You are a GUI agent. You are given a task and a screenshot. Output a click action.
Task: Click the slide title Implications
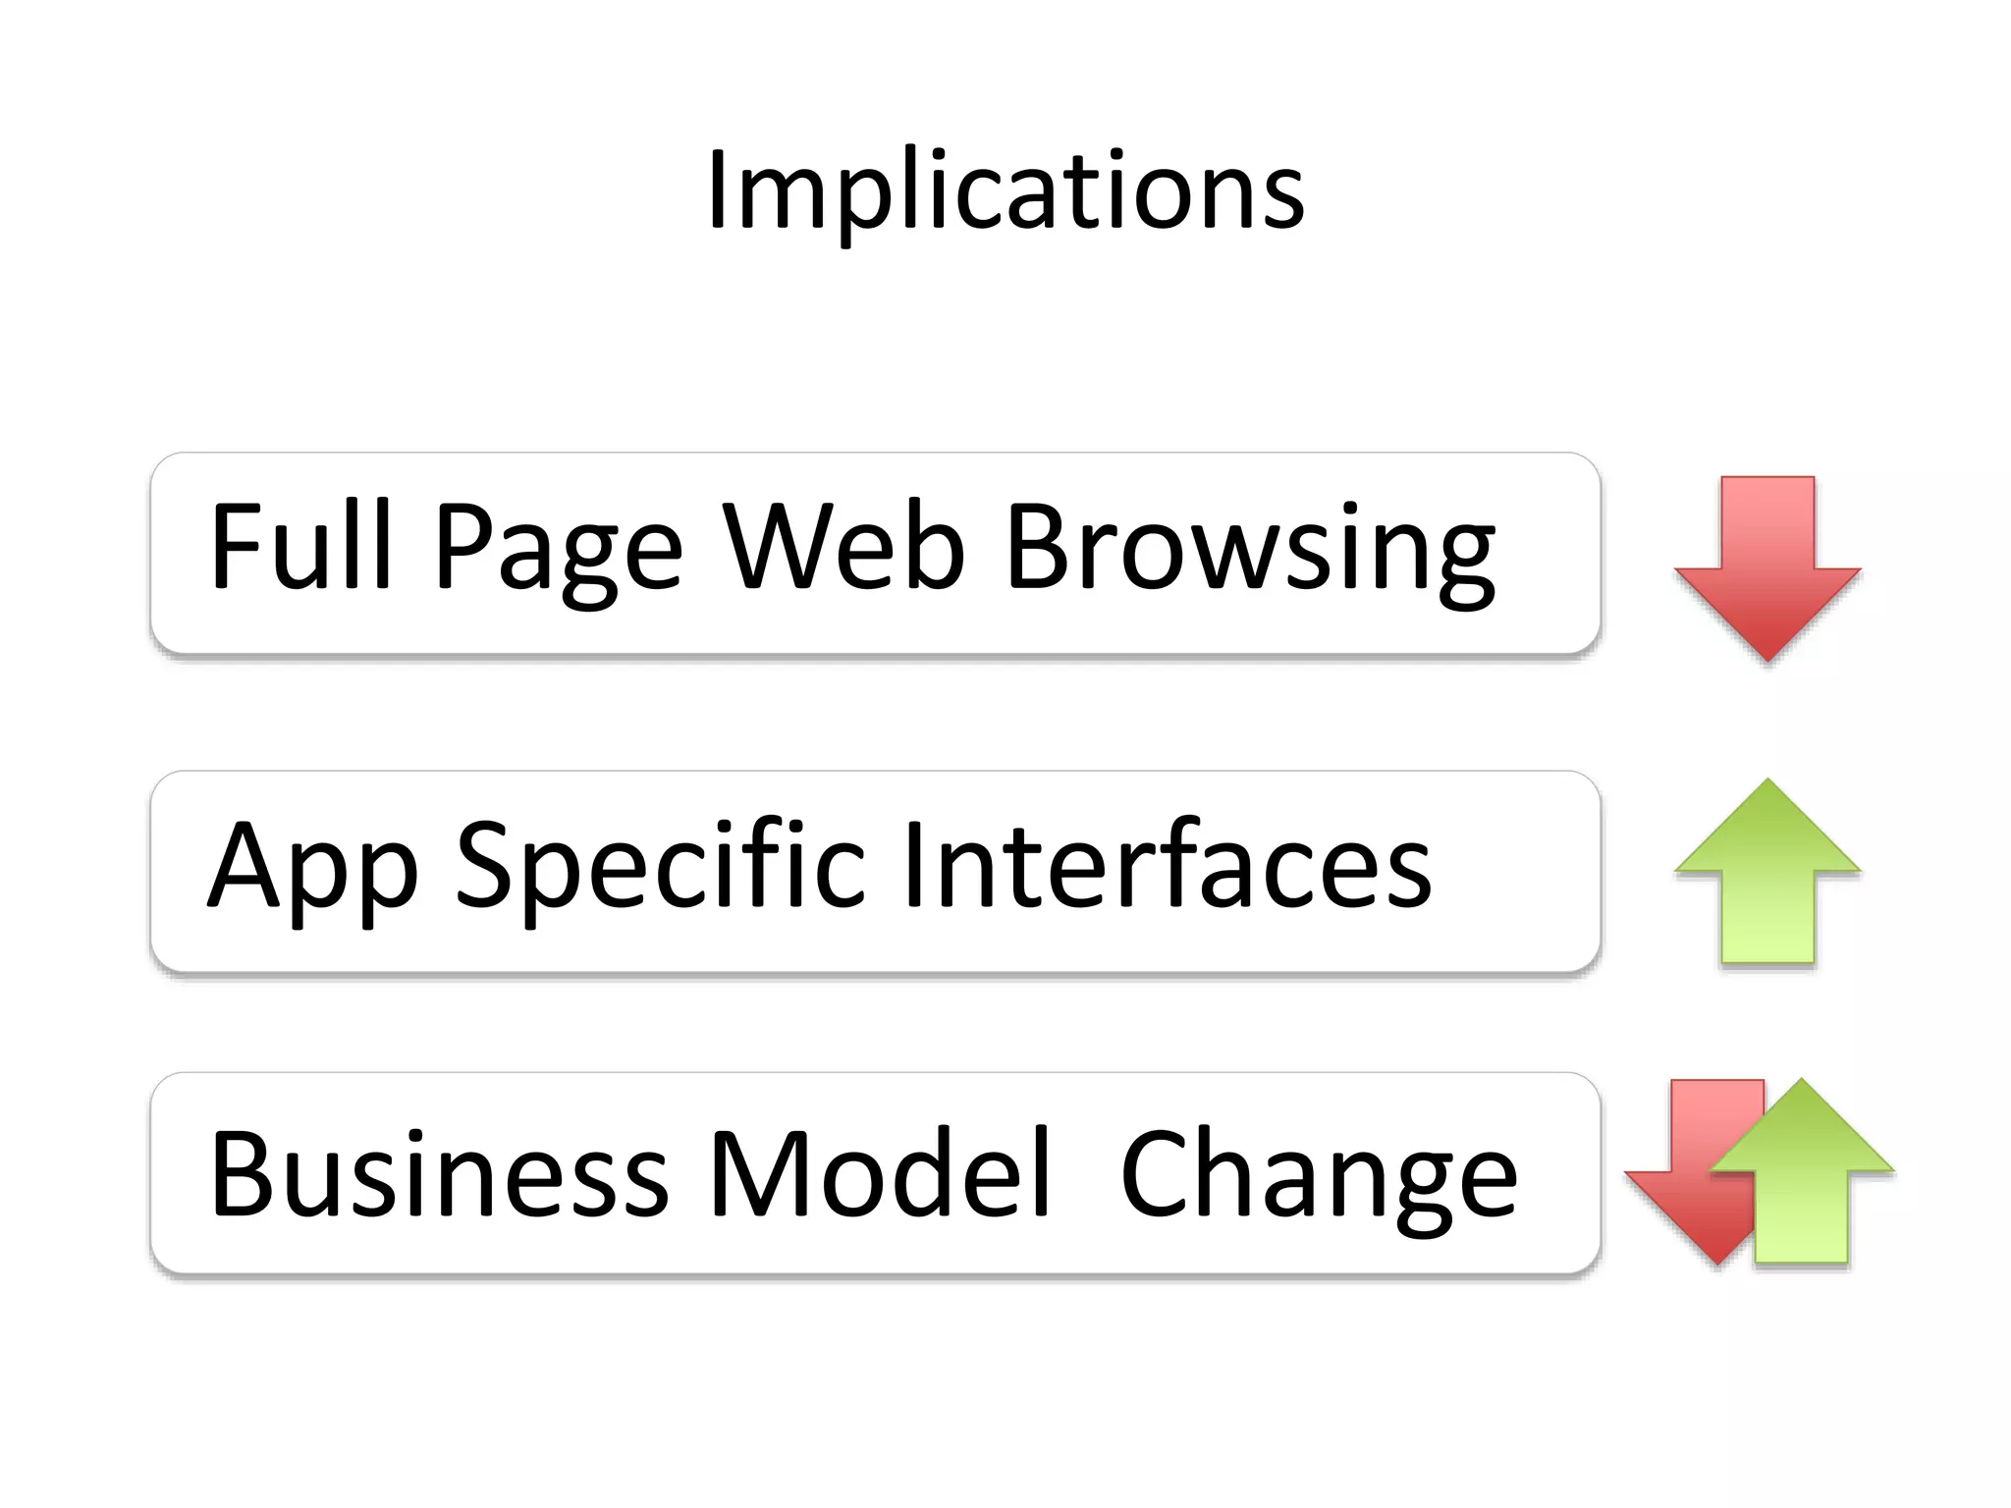pos(1005,191)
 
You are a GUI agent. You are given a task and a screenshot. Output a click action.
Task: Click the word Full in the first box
pos(300,546)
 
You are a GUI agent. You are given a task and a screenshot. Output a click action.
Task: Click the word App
pos(312,869)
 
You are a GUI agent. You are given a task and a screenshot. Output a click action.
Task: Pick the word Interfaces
pos(1167,864)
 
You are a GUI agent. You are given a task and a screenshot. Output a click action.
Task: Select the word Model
pos(880,1174)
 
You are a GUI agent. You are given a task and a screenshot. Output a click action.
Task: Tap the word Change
pos(1319,1178)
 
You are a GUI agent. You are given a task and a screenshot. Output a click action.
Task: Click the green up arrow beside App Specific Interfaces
pos(1767,869)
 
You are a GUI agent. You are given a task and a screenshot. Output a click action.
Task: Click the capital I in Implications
pos(718,191)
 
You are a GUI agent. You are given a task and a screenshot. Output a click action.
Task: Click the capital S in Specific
pos(489,864)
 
